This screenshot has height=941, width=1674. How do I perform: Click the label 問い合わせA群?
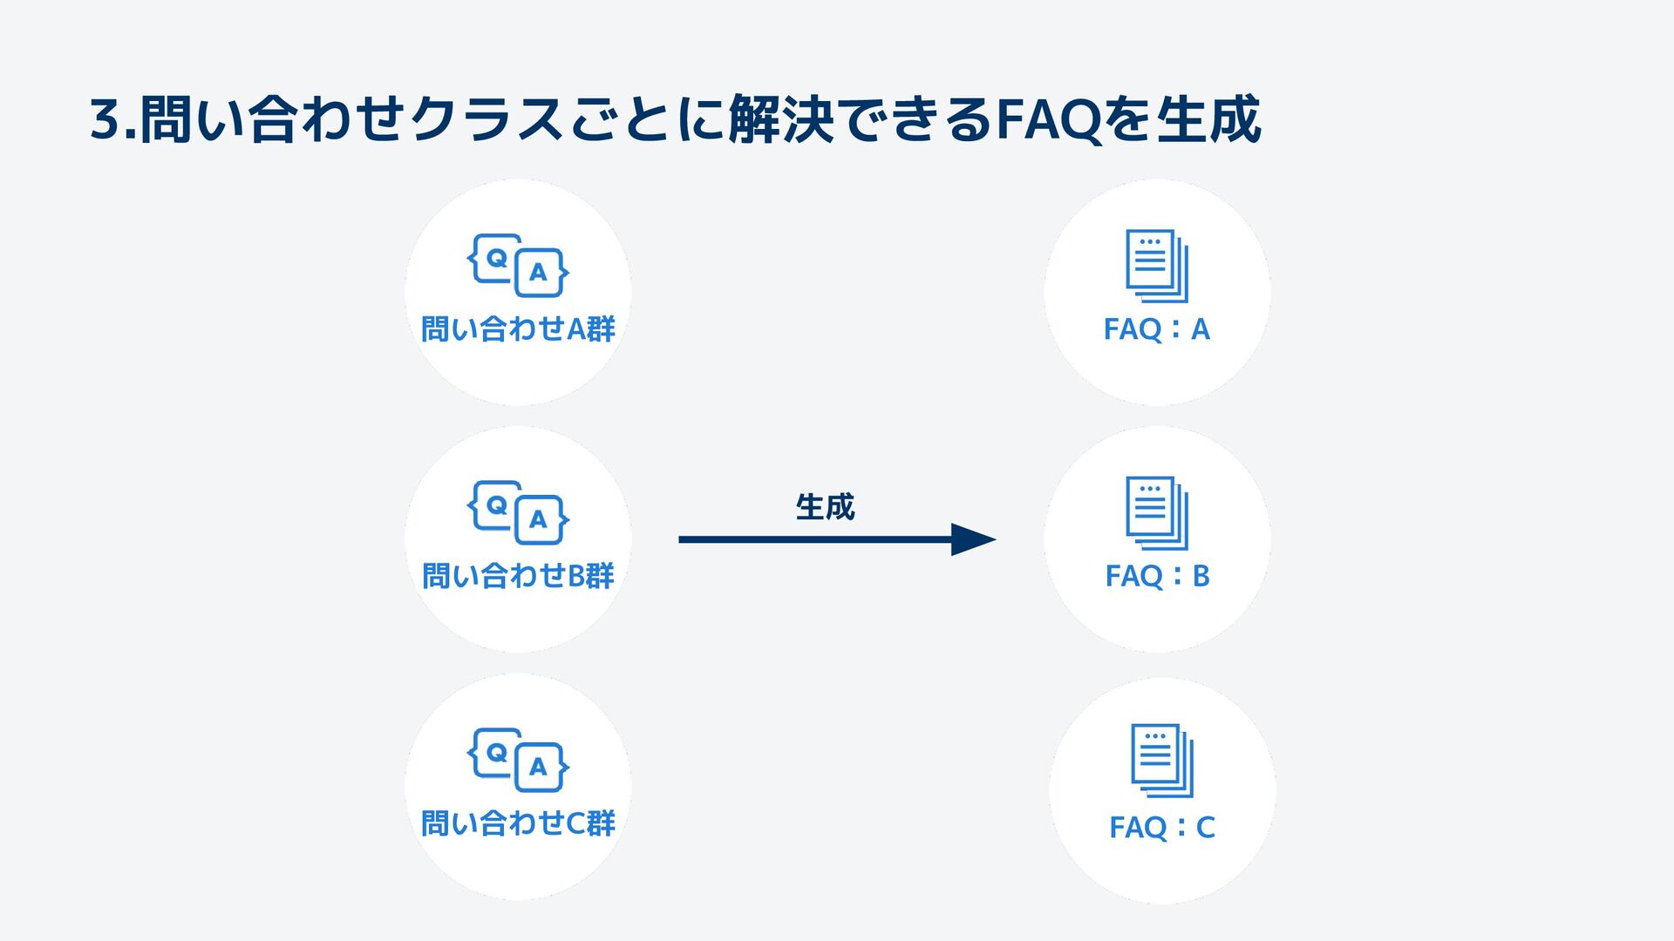click(518, 329)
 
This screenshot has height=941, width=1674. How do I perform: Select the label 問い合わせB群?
click(518, 576)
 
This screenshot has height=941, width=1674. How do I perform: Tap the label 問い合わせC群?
click(518, 823)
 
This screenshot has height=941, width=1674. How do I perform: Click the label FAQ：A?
click(1157, 329)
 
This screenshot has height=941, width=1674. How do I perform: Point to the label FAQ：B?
click(1157, 576)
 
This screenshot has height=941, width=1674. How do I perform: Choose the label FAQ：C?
click(1162, 827)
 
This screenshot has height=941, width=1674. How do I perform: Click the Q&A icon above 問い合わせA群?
click(518, 265)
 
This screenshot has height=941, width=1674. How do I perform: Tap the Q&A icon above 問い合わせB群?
click(518, 512)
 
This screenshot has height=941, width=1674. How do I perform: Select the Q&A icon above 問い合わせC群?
click(518, 759)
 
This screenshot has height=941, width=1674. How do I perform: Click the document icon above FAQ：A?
click(1157, 266)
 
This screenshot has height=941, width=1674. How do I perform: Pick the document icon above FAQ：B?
click(1157, 512)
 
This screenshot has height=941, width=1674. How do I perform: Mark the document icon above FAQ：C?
click(1162, 760)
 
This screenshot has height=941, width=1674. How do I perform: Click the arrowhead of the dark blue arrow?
click(972, 539)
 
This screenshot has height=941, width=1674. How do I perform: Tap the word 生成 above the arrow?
click(825, 507)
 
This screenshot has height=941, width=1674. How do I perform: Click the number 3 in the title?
click(104, 120)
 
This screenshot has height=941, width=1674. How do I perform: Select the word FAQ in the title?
click(1047, 120)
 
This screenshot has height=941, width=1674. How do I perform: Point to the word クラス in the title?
click(488, 120)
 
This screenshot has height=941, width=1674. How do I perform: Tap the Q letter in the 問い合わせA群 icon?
click(496, 258)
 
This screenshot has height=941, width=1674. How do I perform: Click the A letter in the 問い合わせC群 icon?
click(538, 767)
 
